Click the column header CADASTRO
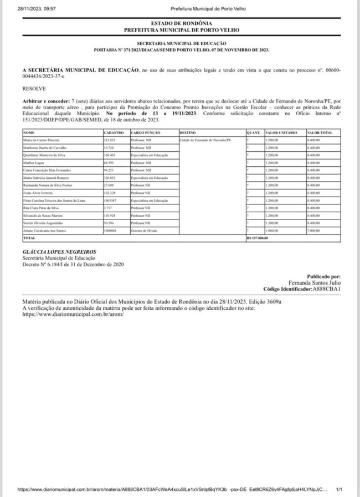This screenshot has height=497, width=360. click(x=113, y=133)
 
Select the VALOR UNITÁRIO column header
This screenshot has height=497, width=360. click(x=281, y=133)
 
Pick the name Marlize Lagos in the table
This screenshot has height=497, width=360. click(x=33, y=163)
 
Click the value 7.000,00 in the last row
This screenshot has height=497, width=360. click(x=313, y=230)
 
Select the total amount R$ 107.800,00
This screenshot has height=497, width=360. click(x=257, y=238)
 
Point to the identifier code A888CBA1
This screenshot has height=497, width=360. click(x=326, y=289)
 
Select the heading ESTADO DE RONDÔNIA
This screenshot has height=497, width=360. click(x=181, y=23)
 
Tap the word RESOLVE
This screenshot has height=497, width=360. click(x=34, y=88)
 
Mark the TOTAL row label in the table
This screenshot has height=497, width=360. click(x=29, y=238)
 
